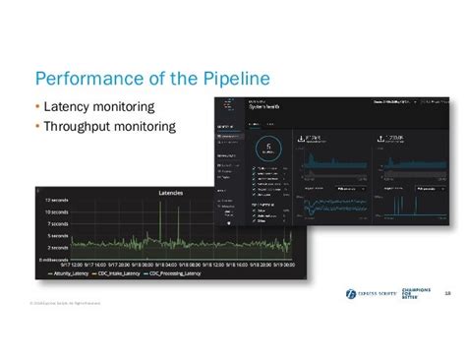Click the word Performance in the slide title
point(88,79)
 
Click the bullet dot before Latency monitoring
point(37,106)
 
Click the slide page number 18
point(447,292)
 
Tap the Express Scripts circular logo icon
point(351,293)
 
